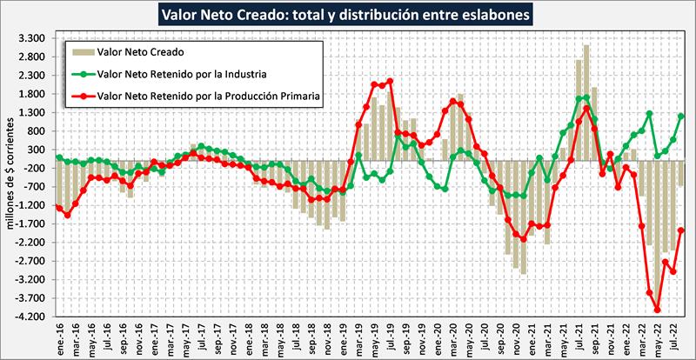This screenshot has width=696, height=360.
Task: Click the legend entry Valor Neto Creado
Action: coord(134,53)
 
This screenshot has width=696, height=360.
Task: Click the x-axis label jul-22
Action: coord(667,335)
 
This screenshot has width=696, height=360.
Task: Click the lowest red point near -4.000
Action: coord(657,310)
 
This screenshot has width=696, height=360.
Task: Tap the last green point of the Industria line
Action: coord(681,117)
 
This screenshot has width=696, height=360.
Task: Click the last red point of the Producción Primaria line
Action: coord(681,230)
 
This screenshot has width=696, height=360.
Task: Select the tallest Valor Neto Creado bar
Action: coord(586,45)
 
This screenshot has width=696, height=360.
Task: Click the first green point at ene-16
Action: coord(58,157)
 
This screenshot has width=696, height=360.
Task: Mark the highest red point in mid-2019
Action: coord(390,82)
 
